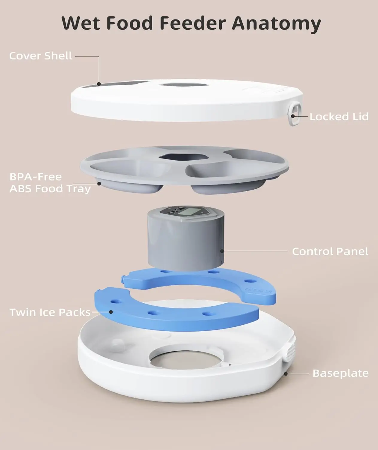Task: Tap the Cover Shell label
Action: [41, 56]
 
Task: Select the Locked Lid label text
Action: [339, 116]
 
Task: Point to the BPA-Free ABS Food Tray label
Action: [50, 183]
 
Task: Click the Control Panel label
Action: [330, 251]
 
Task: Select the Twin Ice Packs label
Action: [50, 312]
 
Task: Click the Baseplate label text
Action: [340, 373]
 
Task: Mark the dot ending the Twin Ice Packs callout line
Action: [111, 312]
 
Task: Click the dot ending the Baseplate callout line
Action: [286, 374]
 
